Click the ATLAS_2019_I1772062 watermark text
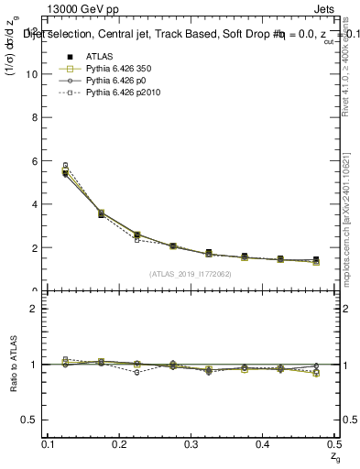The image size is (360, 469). pos(191,274)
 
